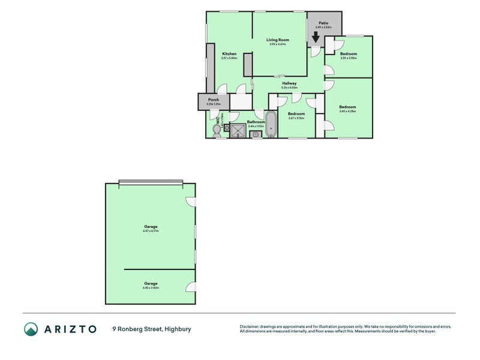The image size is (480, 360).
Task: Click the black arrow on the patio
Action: (316, 37)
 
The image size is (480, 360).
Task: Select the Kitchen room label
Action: (229, 53)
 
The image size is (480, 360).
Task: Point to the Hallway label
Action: (290, 83)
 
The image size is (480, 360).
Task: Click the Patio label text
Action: (323, 23)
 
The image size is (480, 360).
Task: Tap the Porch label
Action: (213, 100)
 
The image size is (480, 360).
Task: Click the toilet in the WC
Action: (217, 129)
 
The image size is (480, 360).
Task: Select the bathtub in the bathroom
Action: (271, 124)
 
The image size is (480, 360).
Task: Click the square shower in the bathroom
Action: (238, 130)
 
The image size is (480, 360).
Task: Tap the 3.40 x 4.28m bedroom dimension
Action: (348, 111)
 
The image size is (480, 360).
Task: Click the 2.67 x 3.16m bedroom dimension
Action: (296, 118)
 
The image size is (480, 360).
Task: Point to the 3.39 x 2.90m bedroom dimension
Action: (349, 58)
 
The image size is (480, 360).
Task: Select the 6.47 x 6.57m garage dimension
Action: (151, 230)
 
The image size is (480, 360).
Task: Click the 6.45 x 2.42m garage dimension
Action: (151, 287)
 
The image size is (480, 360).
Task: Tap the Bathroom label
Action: (256, 122)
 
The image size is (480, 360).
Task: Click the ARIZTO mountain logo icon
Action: (31, 329)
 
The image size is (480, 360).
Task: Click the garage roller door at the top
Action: (151, 182)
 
